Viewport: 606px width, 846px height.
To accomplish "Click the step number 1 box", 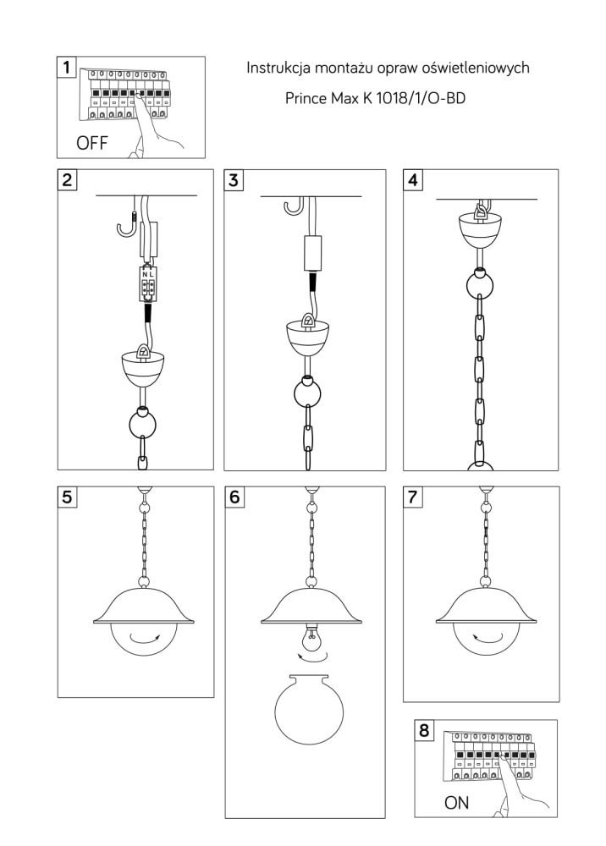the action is coord(66,67).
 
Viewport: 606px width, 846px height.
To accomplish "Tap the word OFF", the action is coord(92,143).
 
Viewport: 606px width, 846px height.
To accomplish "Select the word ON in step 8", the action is coord(456,802).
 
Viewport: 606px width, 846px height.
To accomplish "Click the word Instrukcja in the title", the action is coord(278,68).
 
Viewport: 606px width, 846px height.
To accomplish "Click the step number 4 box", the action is coord(413,179).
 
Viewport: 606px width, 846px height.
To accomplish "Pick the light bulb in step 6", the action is coord(311,638).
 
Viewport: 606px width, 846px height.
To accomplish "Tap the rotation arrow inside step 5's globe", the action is coord(145,640).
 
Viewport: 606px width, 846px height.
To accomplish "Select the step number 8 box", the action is coord(424,730).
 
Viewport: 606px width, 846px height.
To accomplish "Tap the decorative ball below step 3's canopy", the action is coord(307,393).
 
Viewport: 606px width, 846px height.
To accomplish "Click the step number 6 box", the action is coord(234,497).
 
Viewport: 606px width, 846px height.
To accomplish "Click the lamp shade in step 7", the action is coord(488,607).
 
